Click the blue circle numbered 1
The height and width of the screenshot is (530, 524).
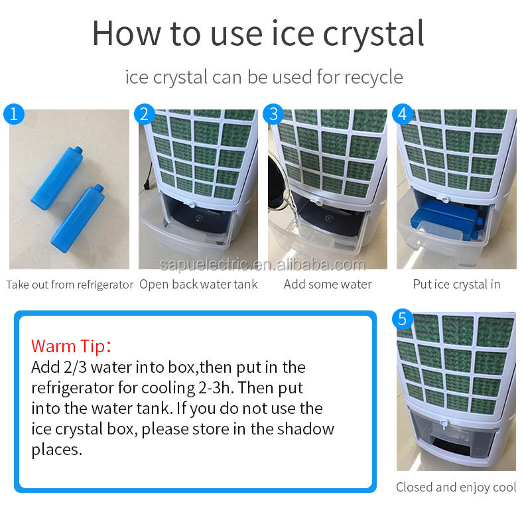click(x=14, y=114)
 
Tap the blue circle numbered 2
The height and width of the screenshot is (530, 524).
click(x=145, y=114)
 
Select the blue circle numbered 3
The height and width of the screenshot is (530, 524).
click(x=273, y=114)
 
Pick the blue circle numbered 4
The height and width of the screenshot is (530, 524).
click(x=403, y=114)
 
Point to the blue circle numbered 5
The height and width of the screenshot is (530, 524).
click(x=403, y=318)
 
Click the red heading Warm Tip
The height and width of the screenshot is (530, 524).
click(x=71, y=346)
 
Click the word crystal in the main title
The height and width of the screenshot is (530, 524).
click(x=373, y=34)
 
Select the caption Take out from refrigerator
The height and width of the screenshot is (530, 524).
click(x=70, y=285)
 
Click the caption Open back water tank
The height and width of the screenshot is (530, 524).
click(x=198, y=285)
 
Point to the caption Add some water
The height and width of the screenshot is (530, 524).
click(x=328, y=285)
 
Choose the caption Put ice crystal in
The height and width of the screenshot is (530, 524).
click(x=456, y=285)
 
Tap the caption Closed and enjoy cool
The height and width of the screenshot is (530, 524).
click(x=456, y=488)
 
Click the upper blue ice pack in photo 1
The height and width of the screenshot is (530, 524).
click(x=57, y=178)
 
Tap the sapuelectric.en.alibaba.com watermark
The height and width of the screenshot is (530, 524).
click(x=263, y=265)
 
